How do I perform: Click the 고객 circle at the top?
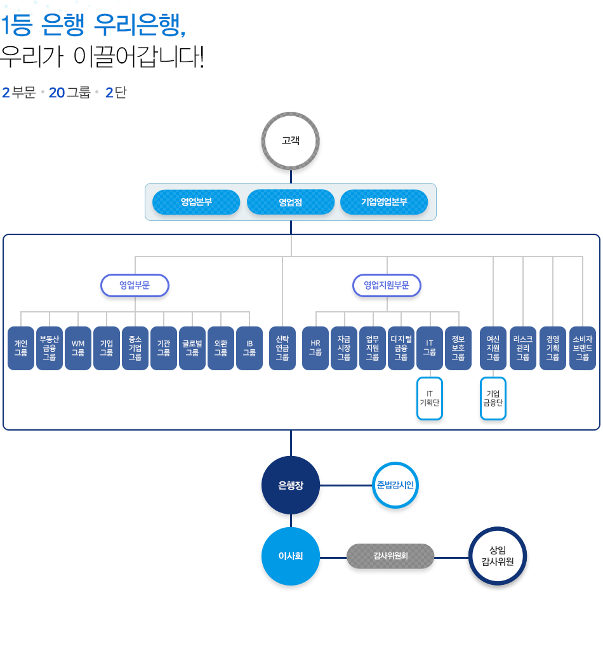click(291, 141)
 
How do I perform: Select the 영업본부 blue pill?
click(196, 202)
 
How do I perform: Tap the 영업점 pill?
click(291, 202)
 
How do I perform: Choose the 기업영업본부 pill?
click(384, 202)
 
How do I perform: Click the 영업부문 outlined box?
click(135, 285)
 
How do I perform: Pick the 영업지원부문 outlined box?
click(387, 285)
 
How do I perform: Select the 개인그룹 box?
click(21, 348)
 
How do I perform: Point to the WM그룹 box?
click(78, 348)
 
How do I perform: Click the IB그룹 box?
click(249, 348)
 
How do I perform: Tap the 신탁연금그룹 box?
click(282, 348)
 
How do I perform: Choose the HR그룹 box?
click(315, 348)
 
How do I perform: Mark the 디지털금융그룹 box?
click(401, 348)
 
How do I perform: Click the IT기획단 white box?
click(430, 398)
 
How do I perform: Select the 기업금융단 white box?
click(493, 398)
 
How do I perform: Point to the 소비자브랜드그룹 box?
click(583, 348)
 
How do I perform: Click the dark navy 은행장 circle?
click(291, 485)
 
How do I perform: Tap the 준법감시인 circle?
click(395, 485)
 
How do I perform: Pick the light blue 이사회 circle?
click(291, 556)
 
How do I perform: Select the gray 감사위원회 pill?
click(390, 556)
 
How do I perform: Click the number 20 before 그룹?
click(56, 93)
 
